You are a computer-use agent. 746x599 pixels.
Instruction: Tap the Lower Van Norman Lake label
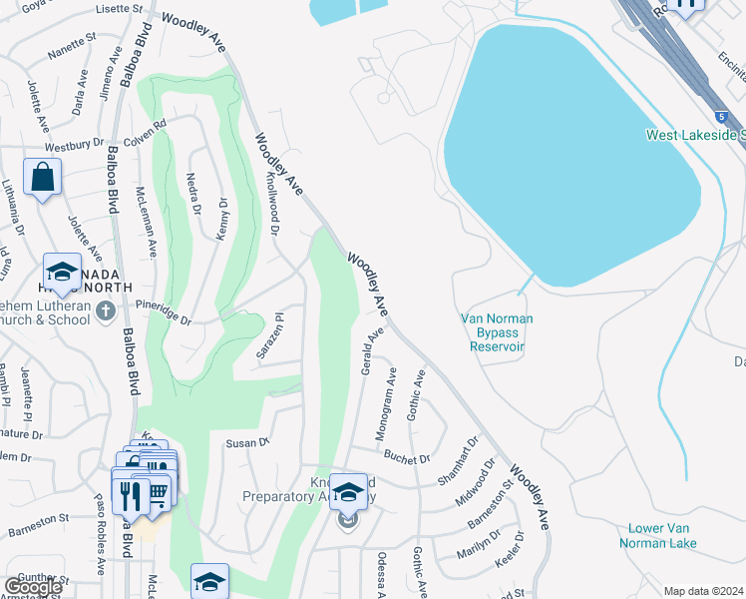pyautogui.click(x=662, y=535)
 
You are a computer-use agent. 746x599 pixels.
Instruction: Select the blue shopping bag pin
pyautogui.click(x=44, y=179)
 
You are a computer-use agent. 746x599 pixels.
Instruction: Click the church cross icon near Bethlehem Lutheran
pyautogui.click(x=107, y=312)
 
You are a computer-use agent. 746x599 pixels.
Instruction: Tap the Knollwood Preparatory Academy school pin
pyautogui.click(x=348, y=493)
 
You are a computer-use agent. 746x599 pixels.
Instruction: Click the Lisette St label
pyautogui.click(x=121, y=8)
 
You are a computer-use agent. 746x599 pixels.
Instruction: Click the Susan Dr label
pyautogui.click(x=248, y=442)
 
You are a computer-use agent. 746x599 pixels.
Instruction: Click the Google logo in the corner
pyautogui.click(x=32, y=587)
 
